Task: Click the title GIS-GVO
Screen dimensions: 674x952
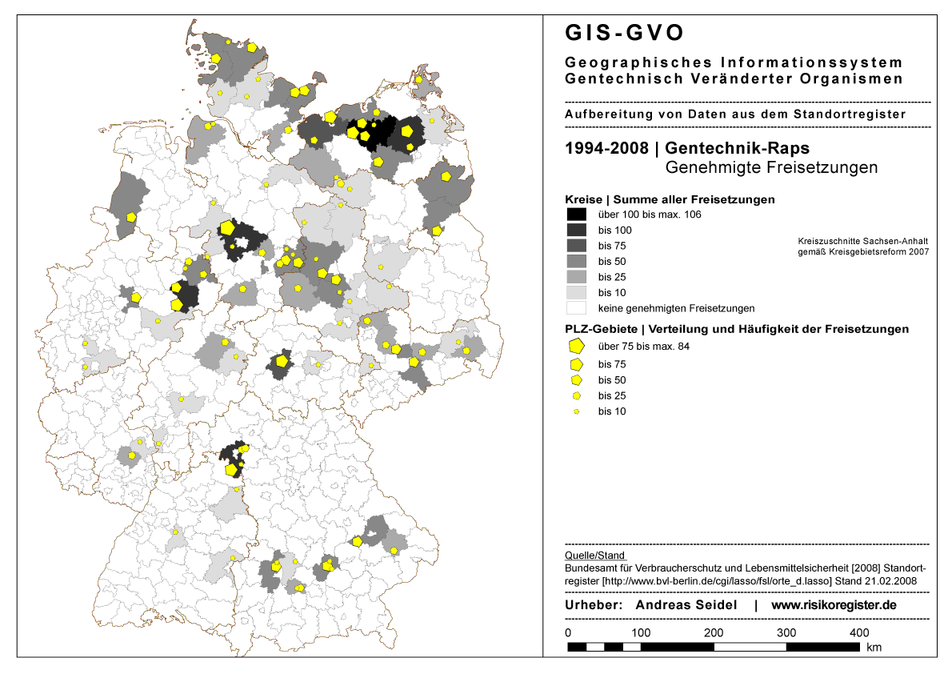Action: [625, 33]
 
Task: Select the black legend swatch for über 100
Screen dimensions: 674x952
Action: [576, 215]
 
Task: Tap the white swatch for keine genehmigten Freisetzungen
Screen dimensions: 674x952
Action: [576, 308]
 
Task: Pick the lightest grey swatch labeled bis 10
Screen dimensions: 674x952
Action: [576, 292]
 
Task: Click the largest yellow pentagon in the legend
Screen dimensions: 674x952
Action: [575, 347]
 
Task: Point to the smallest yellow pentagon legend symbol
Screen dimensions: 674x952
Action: [576, 411]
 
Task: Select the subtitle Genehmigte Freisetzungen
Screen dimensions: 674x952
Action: [771, 168]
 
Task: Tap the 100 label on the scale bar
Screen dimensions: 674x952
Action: [640, 632]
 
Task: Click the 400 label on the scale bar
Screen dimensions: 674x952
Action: [859, 632]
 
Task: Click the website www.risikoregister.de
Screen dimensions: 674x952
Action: [834, 605]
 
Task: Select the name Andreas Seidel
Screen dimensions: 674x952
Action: [686, 605]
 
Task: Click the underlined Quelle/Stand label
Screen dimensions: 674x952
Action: [594, 555]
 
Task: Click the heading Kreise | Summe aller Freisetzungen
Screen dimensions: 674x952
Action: [670, 199]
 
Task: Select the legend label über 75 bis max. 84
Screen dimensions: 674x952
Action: [643, 347]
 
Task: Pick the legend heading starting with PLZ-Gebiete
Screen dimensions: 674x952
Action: [736, 329]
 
